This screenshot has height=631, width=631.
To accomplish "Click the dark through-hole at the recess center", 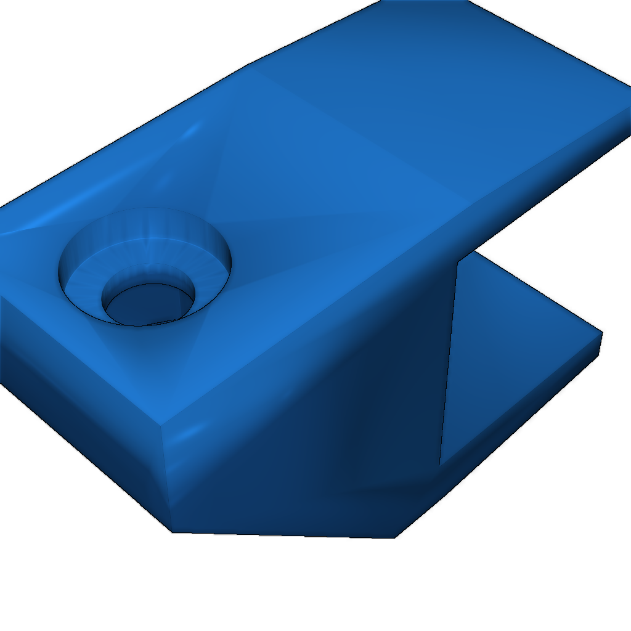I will click(x=148, y=304).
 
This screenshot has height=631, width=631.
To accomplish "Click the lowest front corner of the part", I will click(x=172, y=532).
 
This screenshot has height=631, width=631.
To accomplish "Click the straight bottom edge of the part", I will click(x=283, y=534).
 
